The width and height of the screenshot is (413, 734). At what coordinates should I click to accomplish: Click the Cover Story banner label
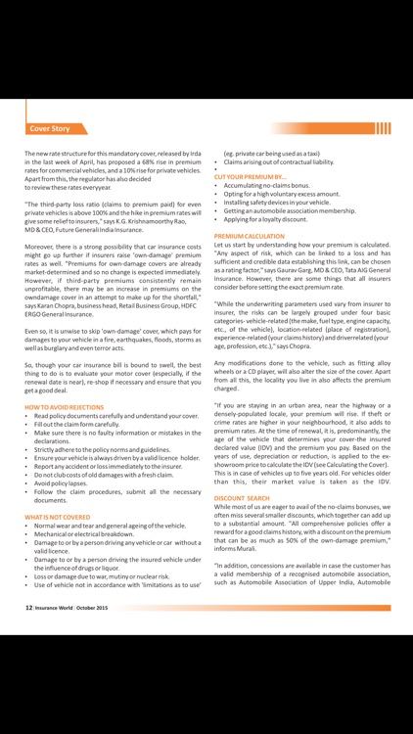49,128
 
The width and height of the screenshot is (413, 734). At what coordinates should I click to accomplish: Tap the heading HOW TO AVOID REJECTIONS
64,406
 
